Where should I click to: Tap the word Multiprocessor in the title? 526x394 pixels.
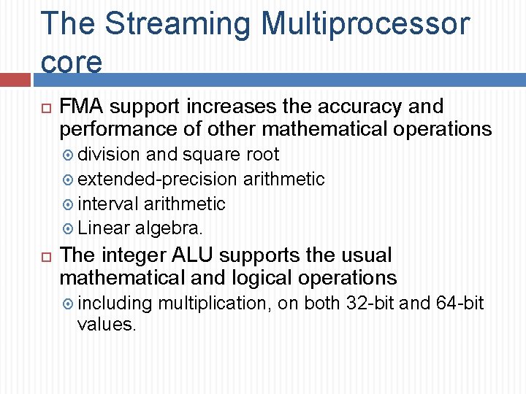(365, 24)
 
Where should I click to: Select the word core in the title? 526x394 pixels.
(72, 62)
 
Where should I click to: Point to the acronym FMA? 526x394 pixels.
(81, 107)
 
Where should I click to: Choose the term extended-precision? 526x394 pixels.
(157, 179)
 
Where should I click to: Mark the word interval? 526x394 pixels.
(108, 204)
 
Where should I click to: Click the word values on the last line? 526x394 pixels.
(107, 325)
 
